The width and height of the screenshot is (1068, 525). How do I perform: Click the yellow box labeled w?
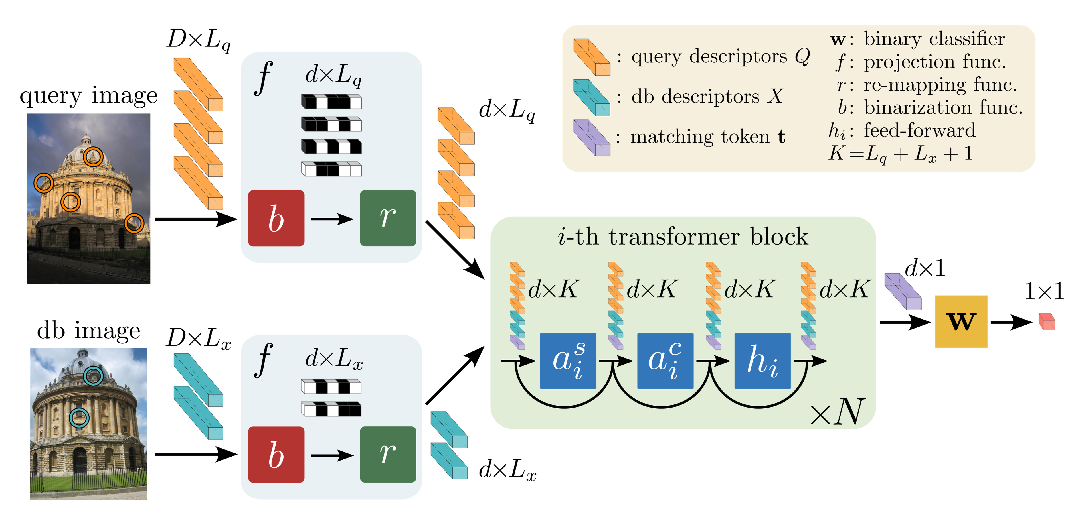(x=961, y=321)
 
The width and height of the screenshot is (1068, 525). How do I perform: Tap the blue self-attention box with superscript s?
(x=568, y=361)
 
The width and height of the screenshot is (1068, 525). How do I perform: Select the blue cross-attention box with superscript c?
(x=665, y=361)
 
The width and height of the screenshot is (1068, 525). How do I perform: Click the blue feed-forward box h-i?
(x=762, y=361)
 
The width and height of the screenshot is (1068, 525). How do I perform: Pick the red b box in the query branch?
(x=276, y=218)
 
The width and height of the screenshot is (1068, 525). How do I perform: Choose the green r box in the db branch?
(x=388, y=454)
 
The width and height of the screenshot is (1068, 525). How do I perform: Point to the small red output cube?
(x=1046, y=321)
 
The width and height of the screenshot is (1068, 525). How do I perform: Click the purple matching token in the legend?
(x=591, y=138)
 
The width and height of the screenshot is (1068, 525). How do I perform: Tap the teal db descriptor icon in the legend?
(x=591, y=97)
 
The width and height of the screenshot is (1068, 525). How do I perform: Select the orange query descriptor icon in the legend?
(x=591, y=57)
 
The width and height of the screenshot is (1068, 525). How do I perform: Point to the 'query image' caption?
(x=88, y=96)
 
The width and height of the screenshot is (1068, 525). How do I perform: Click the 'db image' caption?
(x=88, y=331)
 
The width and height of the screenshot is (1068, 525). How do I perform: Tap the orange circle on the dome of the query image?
(x=93, y=157)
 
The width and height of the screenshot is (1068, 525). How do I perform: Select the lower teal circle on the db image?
(x=79, y=418)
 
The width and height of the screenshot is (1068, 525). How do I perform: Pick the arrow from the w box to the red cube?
(x=1011, y=322)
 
